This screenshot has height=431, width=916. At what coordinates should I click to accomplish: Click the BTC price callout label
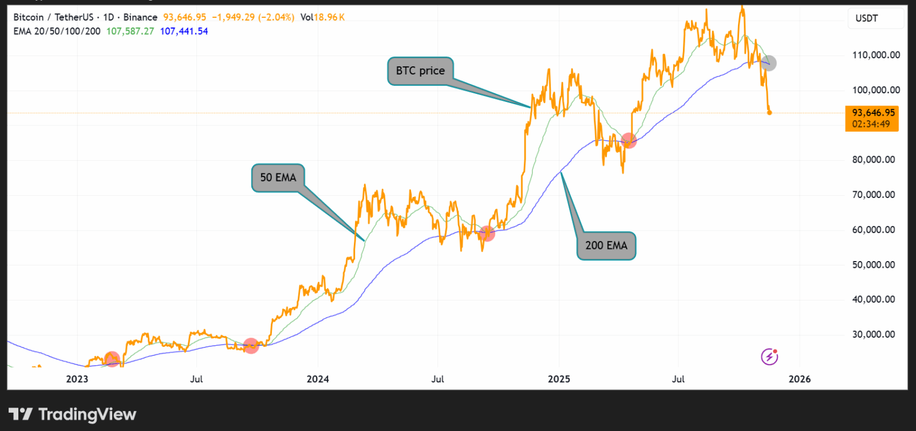pyautogui.click(x=420, y=71)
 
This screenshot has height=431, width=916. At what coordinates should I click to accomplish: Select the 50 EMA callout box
pyautogui.click(x=278, y=178)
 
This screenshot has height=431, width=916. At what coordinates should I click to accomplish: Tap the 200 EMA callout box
pyautogui.click(x=606, y=246)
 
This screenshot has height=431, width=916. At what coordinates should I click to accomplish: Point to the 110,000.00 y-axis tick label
pyautogui.click(x=876, y=55)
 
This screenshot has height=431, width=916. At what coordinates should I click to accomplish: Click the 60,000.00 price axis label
pyautogui.click(x=874, y=230)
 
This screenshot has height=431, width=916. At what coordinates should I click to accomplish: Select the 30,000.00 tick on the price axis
pyautogui.click(x=874, y=334)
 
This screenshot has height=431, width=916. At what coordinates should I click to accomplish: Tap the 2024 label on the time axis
pyautogui.click(x=318, y=379)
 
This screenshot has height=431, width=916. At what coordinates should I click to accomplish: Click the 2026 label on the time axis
pyautogui.click(x=800, y=379)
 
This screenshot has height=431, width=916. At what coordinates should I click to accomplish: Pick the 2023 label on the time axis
pyautogui.click(x=77, y=379)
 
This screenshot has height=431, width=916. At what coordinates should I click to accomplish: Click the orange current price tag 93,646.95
pyautogui.click(x=872, y=113)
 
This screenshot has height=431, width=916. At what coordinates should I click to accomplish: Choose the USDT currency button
pyautogui.click(x=867, y=18)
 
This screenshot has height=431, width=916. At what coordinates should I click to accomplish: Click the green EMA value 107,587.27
pyautogui.click(x=130, y=31)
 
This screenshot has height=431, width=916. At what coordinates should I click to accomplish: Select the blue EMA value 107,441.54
pyautogui.click(x=184, y=31)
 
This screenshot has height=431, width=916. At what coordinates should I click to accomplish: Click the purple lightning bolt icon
pyautogui.click(x=769, y=357)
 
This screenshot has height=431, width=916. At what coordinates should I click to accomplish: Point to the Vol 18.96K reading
pyautogui.click(x=323, y=17)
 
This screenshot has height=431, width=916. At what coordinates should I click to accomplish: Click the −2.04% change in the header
pyautogui.click(x=277, y=17)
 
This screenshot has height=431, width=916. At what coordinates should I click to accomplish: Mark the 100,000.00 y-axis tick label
pyautogui.click(x=876, y=90)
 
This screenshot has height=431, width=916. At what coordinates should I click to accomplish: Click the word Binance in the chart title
pyautogui.click(x=140, y=17)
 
